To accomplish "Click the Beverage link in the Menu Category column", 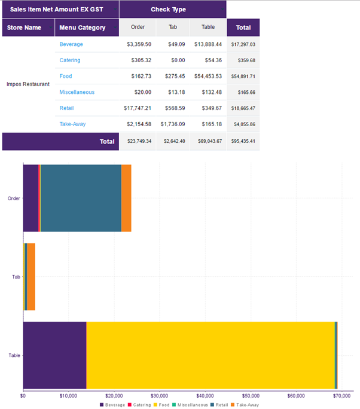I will tap(71, 44).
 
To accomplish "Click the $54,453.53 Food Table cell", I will tap(208, 76).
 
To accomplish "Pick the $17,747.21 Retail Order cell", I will tap(138, 108).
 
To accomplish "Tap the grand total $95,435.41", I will tap(243, 142).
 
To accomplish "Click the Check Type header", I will tap(172, 10).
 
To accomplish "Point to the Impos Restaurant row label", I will tap(28, 84).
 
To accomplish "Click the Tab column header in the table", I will tap(173, 28).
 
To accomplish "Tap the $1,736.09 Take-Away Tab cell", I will tap(173, 124).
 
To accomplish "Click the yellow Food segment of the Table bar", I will tap(209, 355).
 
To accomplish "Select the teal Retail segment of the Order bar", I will tap(81, 198).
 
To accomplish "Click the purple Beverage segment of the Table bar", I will tap(54, 355).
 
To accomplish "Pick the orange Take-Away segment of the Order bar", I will tap(126, 198).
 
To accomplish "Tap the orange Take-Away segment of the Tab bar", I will tap(31, 277).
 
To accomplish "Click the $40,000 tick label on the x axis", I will tap(205, 395).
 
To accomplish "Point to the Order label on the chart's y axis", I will tap(14, 199).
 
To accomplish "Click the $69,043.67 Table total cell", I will tap(208, 142).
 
